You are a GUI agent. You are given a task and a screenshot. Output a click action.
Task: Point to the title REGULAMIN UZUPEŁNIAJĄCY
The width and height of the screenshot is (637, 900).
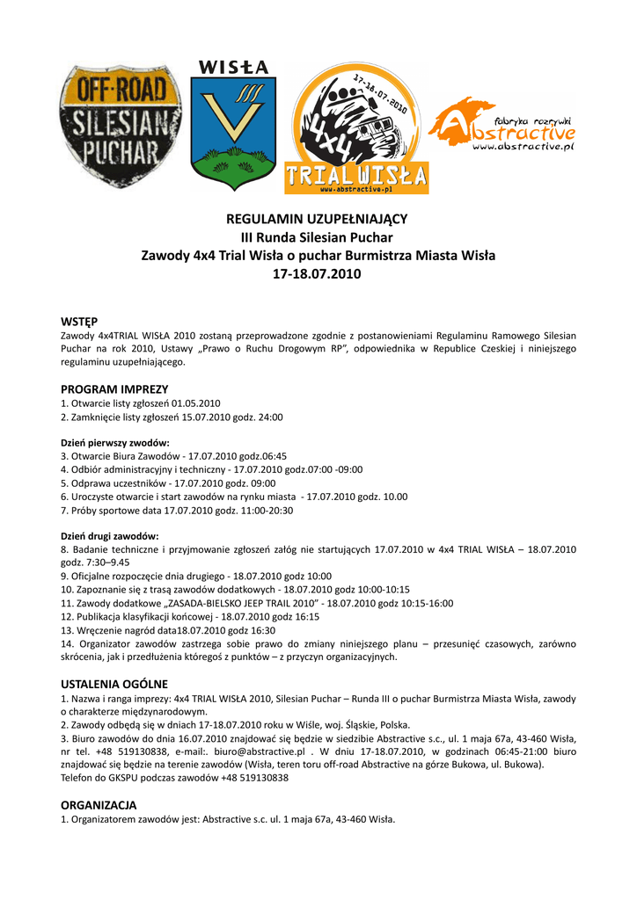point(318,219)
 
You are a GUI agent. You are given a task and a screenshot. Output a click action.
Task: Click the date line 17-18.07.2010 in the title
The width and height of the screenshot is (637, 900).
point(318,274)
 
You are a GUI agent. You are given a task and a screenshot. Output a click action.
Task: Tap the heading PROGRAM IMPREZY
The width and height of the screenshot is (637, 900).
point(114,388)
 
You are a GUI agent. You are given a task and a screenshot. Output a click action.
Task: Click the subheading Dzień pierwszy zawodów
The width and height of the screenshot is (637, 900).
point(115,443)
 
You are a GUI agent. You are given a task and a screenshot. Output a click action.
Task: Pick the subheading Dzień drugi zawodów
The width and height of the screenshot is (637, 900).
point(110,536)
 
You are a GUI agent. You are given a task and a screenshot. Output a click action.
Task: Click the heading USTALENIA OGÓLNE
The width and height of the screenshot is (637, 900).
point(114,684)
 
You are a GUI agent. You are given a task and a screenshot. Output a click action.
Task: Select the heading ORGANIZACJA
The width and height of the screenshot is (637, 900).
point(99,805)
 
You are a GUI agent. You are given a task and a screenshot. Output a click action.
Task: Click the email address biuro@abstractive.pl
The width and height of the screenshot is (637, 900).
point(260,752)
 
